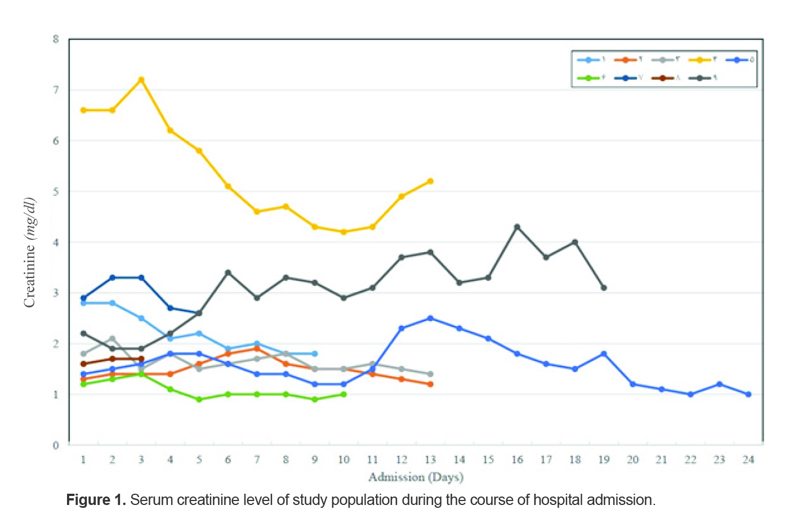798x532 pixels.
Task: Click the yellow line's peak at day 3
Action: (141, 80)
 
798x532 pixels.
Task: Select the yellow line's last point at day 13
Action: (430, 181)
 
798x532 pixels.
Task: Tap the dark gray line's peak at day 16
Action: (517, 227)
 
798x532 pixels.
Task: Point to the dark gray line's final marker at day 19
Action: (604, 288)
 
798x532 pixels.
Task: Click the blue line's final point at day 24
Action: (748, 394)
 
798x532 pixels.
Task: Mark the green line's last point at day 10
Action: (344, 394)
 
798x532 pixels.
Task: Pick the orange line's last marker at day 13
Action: (430, 385)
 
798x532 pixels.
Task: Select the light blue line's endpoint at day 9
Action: (315, 354)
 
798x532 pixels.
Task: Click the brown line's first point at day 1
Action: (83, 364)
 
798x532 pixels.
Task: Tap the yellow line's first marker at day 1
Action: (83, 110)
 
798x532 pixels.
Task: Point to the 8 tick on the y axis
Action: (56, 39)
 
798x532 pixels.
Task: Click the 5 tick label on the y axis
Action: (56, 192)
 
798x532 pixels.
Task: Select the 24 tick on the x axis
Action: (748, 460)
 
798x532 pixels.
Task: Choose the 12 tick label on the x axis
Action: (401, 460)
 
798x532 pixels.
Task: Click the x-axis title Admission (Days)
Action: (416, 477)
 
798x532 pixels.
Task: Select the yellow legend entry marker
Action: (699, 60)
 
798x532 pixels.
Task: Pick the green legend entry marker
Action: (589, 78)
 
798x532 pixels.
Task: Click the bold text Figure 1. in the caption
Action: (96, 500)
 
